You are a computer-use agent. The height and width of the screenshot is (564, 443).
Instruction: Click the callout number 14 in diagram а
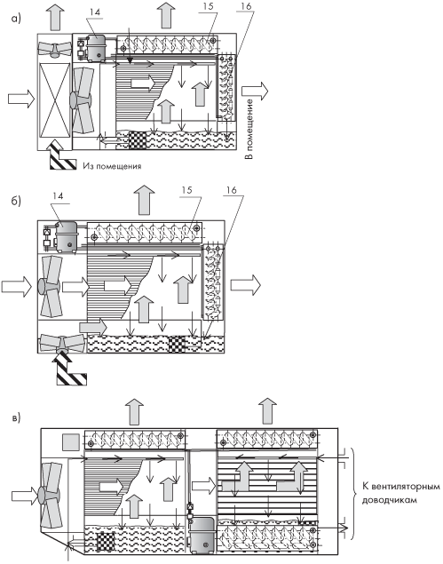tap(95, 12)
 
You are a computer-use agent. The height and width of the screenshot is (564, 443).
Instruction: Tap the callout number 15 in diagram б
tap(186, 190)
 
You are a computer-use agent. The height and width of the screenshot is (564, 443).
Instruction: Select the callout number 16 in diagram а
tap(247, 6)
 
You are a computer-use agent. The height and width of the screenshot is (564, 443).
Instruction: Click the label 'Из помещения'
tap(112, 166)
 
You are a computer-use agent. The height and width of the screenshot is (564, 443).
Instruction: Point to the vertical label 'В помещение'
tap(249, 129)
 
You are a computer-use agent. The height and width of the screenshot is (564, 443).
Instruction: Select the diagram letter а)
tap(16, 19)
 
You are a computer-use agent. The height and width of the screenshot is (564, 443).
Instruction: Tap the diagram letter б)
tap(16, 201)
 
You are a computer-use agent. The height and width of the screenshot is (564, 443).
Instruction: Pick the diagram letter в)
tap(16, 418)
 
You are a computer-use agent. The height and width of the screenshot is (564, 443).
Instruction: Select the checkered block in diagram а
tap(138, 140)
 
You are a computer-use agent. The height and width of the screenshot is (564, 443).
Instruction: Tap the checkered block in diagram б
tap(177, 344)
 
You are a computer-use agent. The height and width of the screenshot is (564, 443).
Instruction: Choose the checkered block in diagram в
tap(106, 541)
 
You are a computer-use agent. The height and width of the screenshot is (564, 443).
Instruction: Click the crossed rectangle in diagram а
tap(54, 100)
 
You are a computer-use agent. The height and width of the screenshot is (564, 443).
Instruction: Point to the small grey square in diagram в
tap(71, 442)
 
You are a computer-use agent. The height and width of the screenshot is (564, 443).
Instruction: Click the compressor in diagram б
tap(66, 236)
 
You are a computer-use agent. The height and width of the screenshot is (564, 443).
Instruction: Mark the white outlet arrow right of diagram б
tap(245, 285)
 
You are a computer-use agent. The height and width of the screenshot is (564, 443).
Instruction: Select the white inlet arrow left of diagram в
tap(25, 496)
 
